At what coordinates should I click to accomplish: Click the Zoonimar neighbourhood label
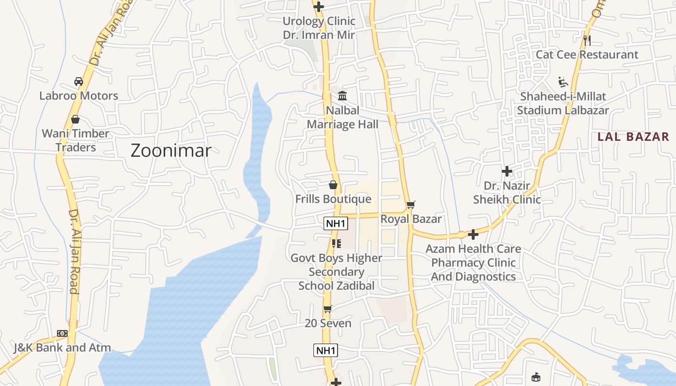click(171, 151)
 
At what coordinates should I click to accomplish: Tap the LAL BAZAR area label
click(633, 137)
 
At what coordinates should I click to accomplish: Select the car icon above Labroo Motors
click(78, 82)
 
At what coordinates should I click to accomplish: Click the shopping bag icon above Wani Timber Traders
click(75, 119)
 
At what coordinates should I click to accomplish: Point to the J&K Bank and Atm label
click(62, 347)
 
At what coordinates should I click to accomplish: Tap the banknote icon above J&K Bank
click(62, 333)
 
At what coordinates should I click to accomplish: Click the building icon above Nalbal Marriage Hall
click(342, 96)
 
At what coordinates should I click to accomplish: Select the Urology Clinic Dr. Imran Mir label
click(319, 28)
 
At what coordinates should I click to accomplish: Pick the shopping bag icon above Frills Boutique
click(333, 185)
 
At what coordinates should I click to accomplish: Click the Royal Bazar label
click(411, 219)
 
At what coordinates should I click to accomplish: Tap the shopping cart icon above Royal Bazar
click(410, 205)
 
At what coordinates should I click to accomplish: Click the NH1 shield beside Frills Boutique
click(336, 223)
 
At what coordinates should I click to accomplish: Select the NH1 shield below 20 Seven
click(325, 350)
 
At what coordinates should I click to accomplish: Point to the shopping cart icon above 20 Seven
click(327, 309)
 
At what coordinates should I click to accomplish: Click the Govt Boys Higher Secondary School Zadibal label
click(336, 272)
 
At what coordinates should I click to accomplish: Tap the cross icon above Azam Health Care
click(473, 234)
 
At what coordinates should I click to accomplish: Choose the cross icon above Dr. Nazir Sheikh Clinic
click(507, 171)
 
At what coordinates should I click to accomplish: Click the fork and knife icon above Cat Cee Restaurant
click(587, 40)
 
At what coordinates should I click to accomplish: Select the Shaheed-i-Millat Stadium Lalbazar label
click(563, 103)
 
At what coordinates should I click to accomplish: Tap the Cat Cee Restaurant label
click(587, 55)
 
